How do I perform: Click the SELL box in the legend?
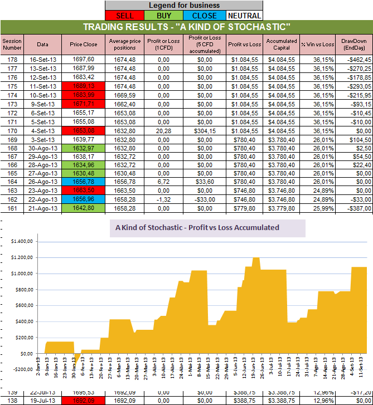[124, 16]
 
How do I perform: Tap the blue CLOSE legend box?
[204, 16]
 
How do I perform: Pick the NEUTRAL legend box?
[244, 16]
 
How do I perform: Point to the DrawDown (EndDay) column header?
[354, 44]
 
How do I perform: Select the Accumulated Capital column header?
[281, 44]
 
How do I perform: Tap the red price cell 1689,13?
[84, 86]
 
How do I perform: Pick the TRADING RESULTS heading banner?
[186, 27]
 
